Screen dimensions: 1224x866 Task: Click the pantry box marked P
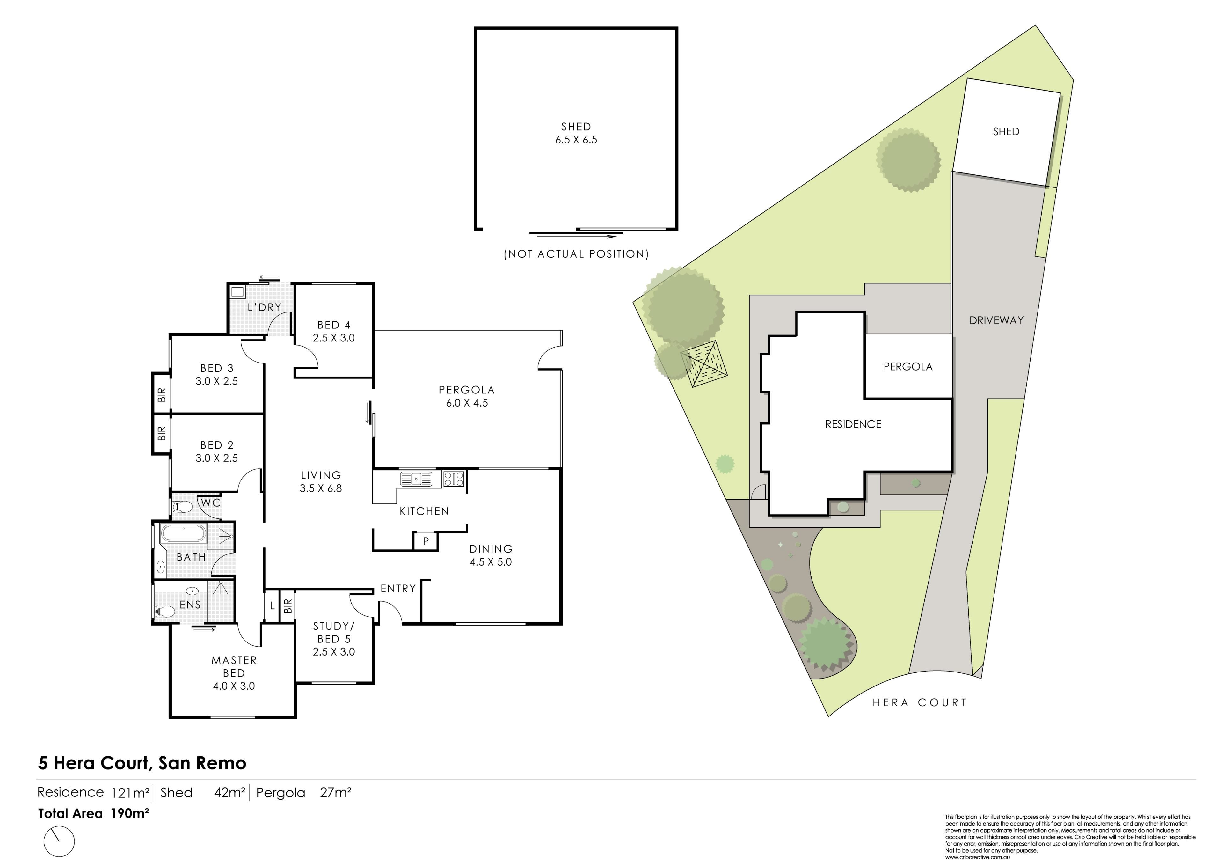click(x=426, y=541)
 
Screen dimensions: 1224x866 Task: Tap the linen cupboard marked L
click(x=272, y=606)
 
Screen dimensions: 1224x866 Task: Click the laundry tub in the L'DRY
click(x=237, y=292)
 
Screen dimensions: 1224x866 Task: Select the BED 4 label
click(x=334, y=325)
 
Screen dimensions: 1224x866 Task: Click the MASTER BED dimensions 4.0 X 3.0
click(x=234, y=686)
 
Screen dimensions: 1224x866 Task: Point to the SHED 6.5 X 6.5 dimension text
click(x=576, y=140)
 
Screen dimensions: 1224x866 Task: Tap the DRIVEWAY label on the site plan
click(x=996, y=320)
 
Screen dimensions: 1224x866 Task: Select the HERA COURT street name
click(x=920, y=703)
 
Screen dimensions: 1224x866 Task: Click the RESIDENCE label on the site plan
click(x=853, y=424)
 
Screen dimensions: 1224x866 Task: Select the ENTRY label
click(x=398, y=589)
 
